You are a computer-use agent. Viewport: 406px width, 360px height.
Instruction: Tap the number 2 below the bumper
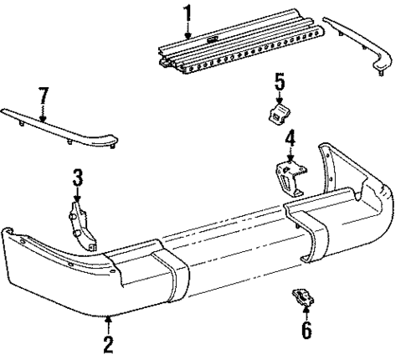point(108,343)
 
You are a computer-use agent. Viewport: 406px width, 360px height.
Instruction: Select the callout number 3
point(77,177)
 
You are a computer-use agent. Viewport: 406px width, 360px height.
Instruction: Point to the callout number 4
point(290,138)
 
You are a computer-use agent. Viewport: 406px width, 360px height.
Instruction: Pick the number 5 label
point(280,81)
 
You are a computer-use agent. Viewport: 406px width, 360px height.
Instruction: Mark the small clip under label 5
point(280,114)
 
